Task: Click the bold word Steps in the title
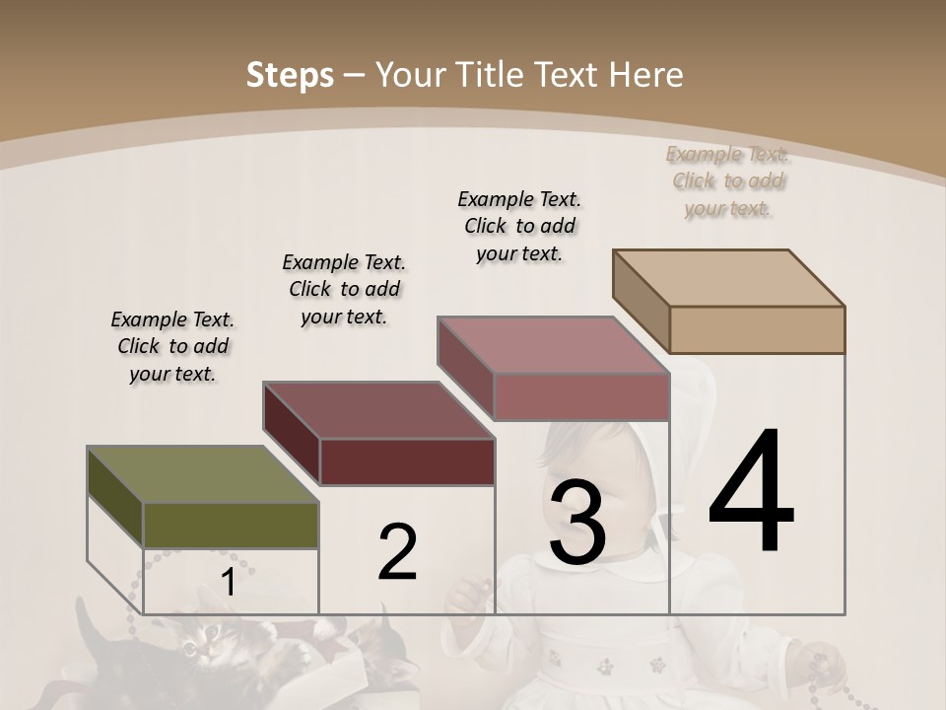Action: click(x=290, y=75)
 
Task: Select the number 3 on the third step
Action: click(x=577, y=523)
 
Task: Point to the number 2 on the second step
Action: click(x=398, y=552)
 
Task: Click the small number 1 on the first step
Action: click(x=228, y=583)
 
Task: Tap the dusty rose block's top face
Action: click(x=552, y=346)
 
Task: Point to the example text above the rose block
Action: click(x=519, y=226)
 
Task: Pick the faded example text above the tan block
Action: click(x=727, y=181)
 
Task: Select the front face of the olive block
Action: click(x=231, y=525)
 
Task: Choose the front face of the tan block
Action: click(x=757, y=329)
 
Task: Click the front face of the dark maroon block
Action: click(x=407, y=461)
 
